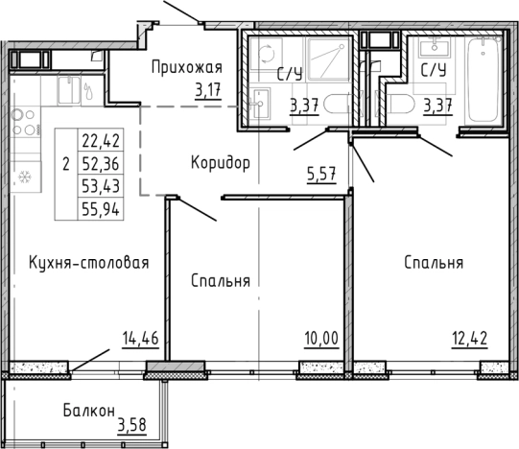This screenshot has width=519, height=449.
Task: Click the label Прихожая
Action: [188, 67]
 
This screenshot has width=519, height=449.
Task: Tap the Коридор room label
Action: [220, 162]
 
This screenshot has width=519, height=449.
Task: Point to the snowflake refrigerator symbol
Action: [26, 177]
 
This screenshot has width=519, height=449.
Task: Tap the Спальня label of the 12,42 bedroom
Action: [434, 262]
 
